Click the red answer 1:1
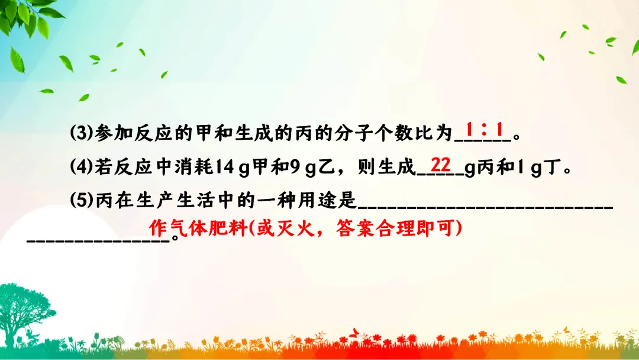(x=483, y=129)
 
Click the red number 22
(x=441, y=164)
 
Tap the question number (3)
(x=79, y=133)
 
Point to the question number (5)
(x=79, y=201)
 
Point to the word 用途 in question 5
(x=319, y=201)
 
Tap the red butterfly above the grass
(x=355, y=332)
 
